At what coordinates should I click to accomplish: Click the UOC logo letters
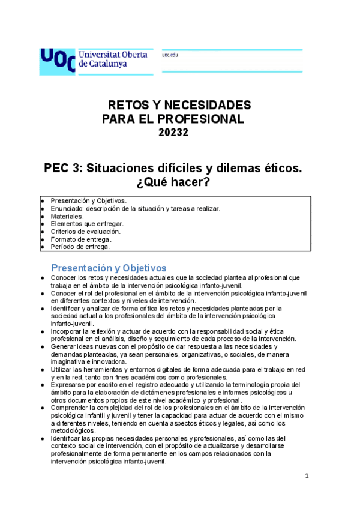(57, 60)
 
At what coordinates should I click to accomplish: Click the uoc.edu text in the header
(170, 55)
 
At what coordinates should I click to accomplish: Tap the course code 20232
(173, 133)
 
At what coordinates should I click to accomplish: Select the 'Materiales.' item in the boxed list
(67, 216)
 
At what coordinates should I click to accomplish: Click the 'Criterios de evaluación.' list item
(85, 231)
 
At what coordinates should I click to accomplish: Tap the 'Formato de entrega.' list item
(81, 239)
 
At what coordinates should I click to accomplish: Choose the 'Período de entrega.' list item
(80, 247)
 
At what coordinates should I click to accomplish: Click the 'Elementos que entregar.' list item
(87, 223)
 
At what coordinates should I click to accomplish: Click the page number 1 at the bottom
(306, 477)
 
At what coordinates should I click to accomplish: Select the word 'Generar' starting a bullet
(64, 347)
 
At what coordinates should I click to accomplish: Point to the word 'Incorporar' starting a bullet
(67, 331)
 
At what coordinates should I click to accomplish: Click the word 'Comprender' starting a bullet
(70, 408)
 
